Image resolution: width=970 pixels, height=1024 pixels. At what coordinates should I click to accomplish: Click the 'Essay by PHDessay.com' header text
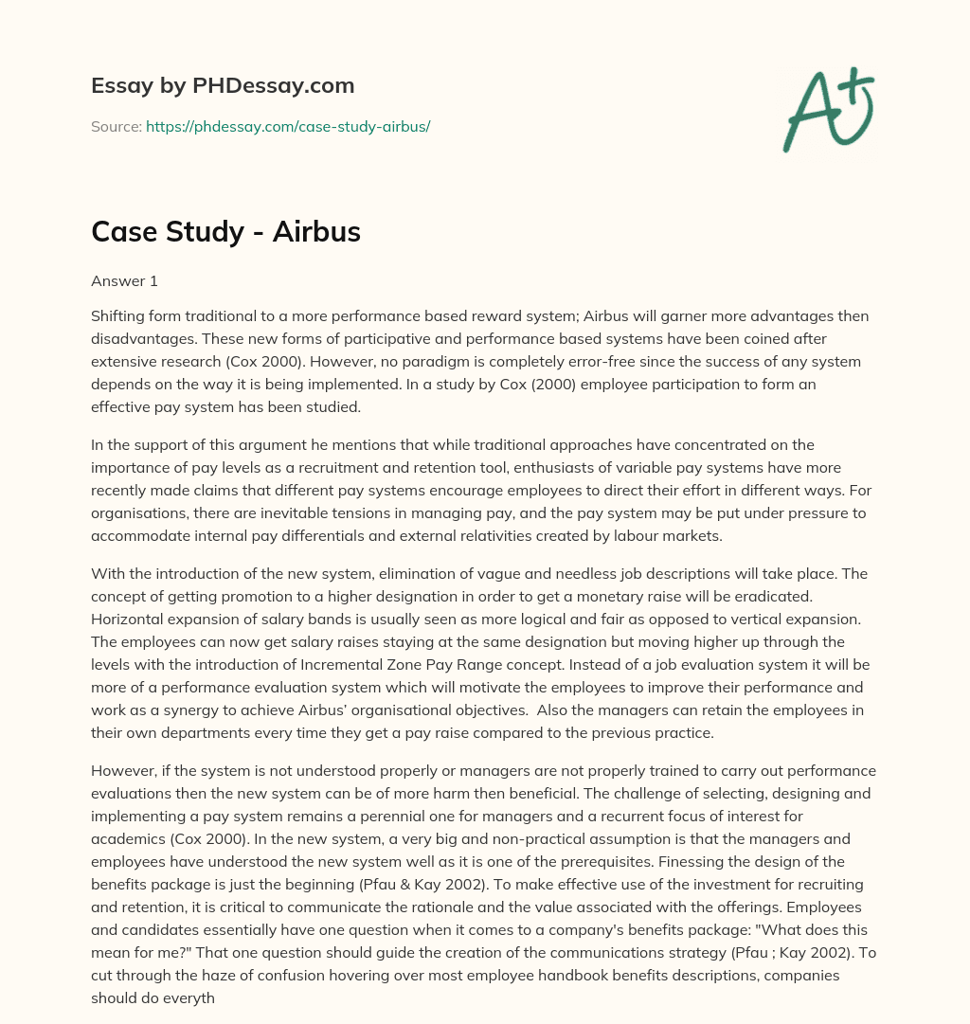[223, 86]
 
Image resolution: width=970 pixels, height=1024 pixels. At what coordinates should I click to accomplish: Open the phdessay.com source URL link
[288, 126]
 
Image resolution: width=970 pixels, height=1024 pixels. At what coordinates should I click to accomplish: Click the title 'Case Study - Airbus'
[225, 232]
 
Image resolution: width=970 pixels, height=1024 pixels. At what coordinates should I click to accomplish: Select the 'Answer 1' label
[123, 280]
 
